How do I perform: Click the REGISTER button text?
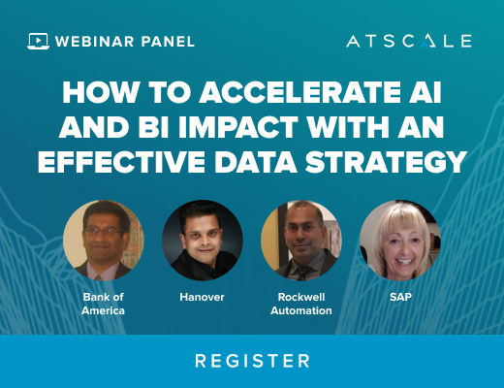click(252, 361)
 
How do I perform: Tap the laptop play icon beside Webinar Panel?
click(38, 41)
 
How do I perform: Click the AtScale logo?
click(409, 41)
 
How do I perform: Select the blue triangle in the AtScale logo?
click(424, 44)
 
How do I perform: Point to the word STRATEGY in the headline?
click(386, 161)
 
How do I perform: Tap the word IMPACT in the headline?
click(238, 127)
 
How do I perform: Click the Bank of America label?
click(103, 304)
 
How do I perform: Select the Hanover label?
click(202, 297)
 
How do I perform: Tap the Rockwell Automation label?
click(301, 304)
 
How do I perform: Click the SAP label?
click(400, 297)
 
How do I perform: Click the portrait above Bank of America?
click(104, 241)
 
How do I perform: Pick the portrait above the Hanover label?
click(203, 241)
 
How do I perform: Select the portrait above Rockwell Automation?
click(301, 241)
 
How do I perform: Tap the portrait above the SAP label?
click(400, 241)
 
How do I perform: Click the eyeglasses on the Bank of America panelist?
click(103, 232)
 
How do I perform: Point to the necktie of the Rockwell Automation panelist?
click(302, 273)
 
